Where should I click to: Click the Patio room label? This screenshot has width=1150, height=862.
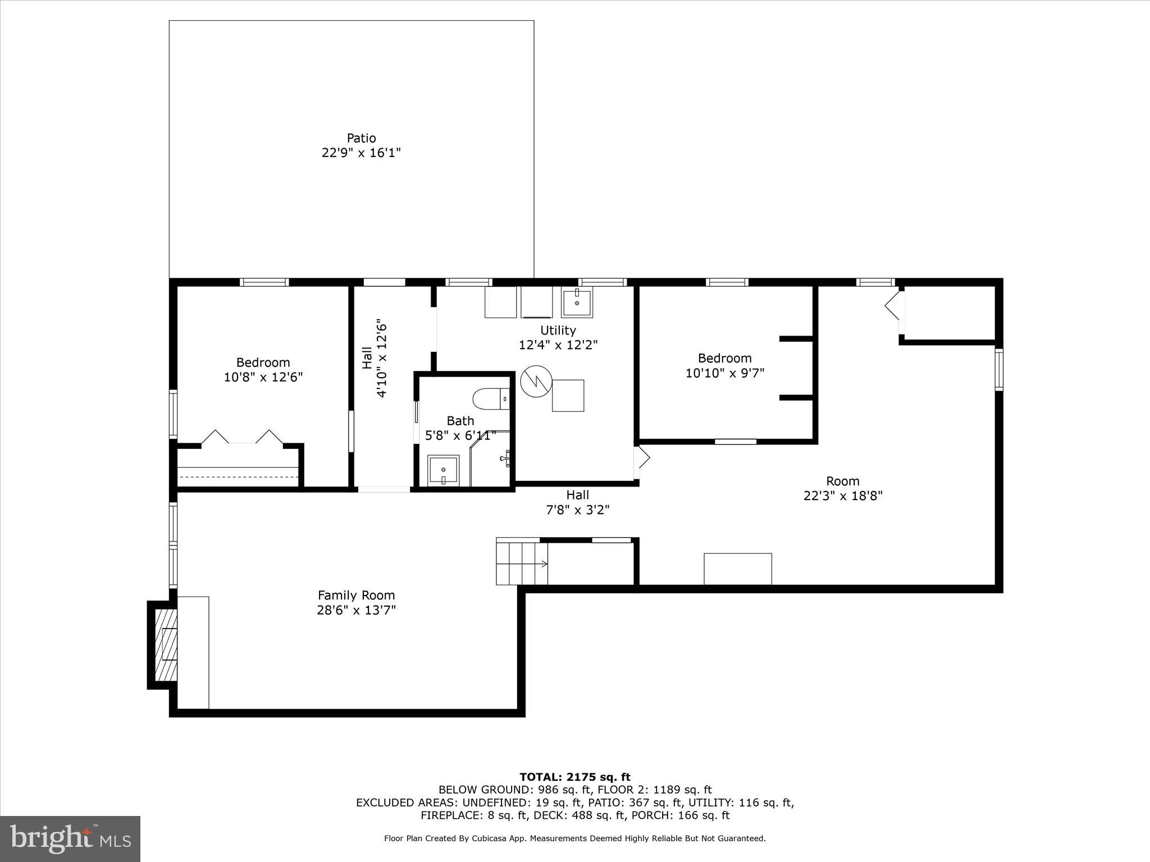pyautogui.click(x=361, y=138)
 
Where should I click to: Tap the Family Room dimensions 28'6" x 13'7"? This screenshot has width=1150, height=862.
pyautogui.click(x=356, y=610)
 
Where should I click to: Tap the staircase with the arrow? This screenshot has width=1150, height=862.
pyautogui.click(x=522, y=561)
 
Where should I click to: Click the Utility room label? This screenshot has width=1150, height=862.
pyautogui.click(x=558, y=330)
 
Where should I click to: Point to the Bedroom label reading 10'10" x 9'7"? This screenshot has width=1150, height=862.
pyautogui.click(x=724, y=365)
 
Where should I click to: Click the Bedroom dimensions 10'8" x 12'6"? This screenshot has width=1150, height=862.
pyautogui.click(x=263, y=377)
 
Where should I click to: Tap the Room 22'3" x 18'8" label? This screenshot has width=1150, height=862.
pyautogui.click(x=842, y=488)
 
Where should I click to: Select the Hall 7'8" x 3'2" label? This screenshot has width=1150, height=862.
pyautogui.click(x=577, y=502)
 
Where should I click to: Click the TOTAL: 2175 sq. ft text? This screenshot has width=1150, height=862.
pyautogui.click(x=574, y=777)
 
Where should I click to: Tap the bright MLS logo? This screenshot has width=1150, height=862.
pyautogui.click(x=70, y=839)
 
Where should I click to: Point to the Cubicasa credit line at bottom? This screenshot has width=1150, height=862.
pyautogui.click(x=574, y=838)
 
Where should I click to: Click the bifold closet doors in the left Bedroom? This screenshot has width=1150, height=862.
pyautogui.click(x=242, y=437)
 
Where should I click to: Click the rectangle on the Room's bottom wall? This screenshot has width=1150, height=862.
pyautogui.click(x=737, y=568)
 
